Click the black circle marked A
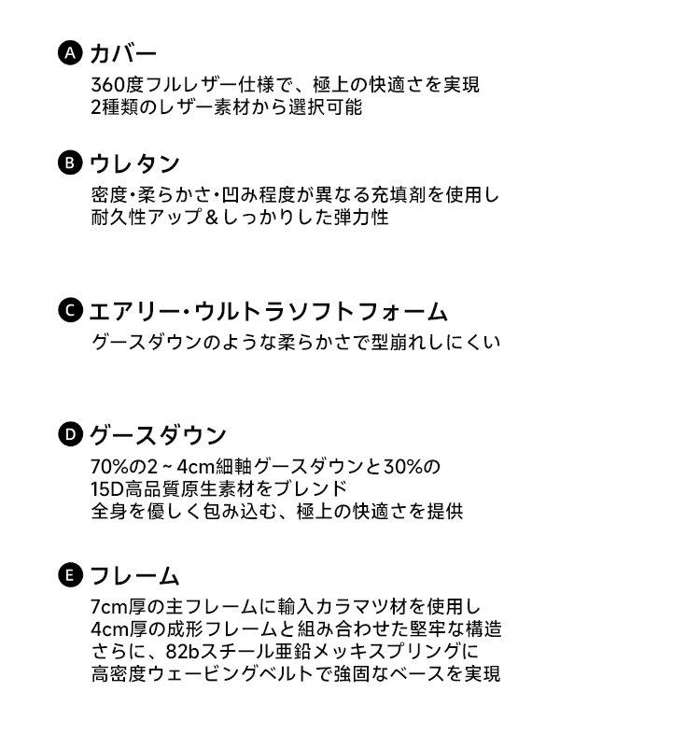pos(70,53)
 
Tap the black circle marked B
pos(70,162)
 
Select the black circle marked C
pos(70,311)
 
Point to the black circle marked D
pos(70,434)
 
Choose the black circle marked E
pos(70,575)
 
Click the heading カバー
pos(123,53)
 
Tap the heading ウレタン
pos(134,163)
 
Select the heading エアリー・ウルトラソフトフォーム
pos(269,312)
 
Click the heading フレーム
pos(134,576)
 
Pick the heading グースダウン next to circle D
pos(158,435)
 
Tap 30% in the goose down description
pos(403,467)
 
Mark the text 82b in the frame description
pos(182,651)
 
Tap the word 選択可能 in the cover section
pos(325,106)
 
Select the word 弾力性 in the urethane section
pos(361,218)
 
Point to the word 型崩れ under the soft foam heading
pos(399,342)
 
